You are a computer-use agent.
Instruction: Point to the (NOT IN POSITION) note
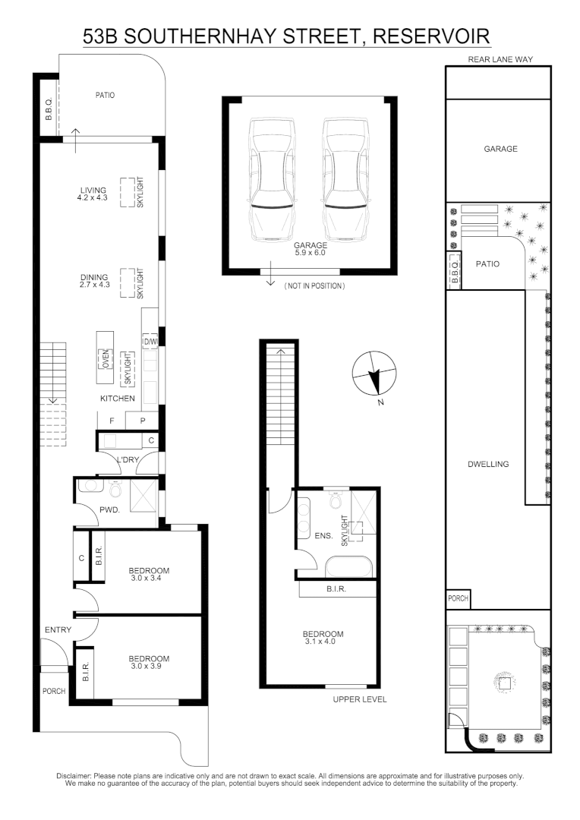point(314,286)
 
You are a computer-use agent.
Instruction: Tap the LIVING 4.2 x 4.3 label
point(93,194)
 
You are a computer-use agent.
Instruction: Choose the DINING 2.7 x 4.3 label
point(93,281)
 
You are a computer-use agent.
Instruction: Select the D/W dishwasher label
point(150,342)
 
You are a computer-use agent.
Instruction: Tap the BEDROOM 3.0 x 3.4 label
point(148,575)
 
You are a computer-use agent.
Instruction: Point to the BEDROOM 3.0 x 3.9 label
point(148,663)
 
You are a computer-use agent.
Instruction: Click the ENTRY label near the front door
point(58,630)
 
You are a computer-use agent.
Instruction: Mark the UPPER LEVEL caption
point(360,699)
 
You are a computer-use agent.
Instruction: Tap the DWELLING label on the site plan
point(487,464)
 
